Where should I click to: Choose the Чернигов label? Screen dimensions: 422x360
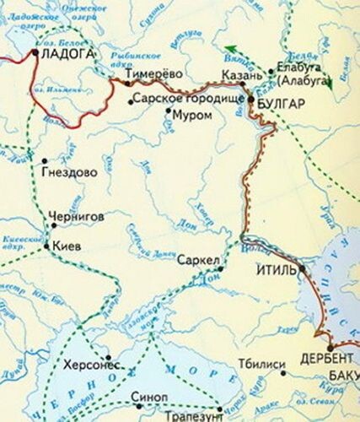coord(77,216)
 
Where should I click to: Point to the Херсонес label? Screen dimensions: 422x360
coord(92,365)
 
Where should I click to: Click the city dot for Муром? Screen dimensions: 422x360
coord(168,111)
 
